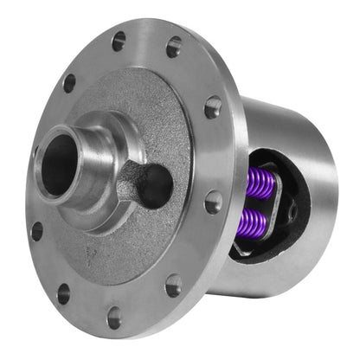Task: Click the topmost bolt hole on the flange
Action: [119, 41]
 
